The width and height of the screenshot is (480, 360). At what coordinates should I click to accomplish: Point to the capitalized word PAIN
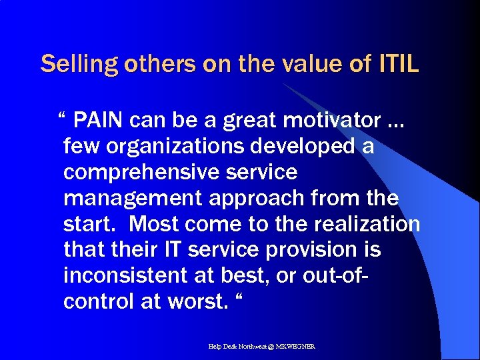(99, 121)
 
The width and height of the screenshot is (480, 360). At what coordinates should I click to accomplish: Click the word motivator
(335, 121)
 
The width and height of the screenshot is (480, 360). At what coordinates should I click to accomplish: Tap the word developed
(308, 147)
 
